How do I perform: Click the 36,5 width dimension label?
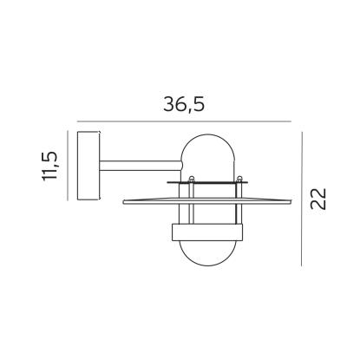[184, 104]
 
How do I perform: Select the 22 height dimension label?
[318, 199]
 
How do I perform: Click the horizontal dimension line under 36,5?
[184, 121]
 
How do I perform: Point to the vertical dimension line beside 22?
[302, 199]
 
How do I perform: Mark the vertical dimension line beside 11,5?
[68, 166]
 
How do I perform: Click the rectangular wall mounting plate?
[88, 166]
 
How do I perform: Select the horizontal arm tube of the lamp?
[141, 166]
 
